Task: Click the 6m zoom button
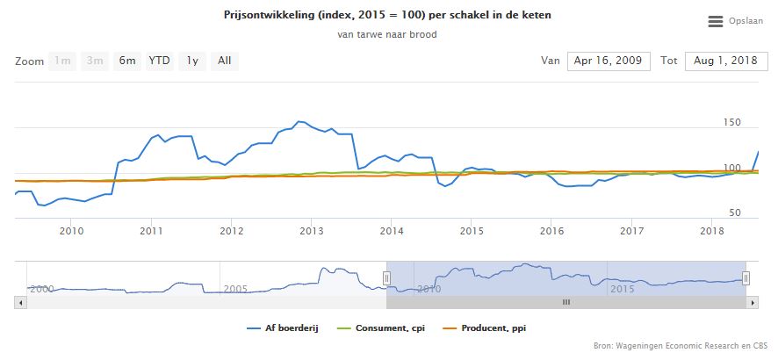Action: tap(128, 61)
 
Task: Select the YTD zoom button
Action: tap(159, 61)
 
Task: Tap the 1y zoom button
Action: tap(191, 61)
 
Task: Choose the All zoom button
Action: tap(225, 61)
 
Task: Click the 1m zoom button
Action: tap(62, 61)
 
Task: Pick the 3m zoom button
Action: tap(95, 61)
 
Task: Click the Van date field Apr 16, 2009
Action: tap(609, 61)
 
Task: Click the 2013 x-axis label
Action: tap(312, 231)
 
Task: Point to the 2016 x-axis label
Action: tap(552, 231)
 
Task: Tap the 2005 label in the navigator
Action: tap(234, 288)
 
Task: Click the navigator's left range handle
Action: tap(386, 278)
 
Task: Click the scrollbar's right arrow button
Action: tap(753, 302)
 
